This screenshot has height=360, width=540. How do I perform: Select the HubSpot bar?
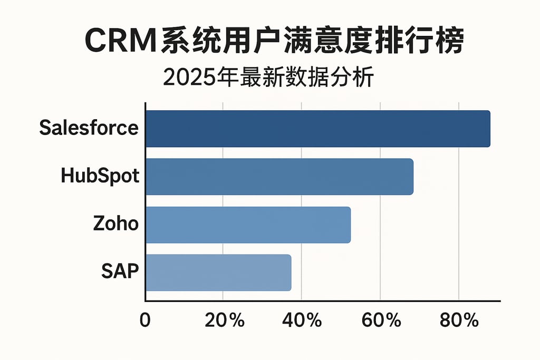coord(279,177)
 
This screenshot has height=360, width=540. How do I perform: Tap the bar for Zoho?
coord(248,225)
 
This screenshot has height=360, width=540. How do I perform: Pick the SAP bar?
coord(218,273)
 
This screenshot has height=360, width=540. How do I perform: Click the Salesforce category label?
coord(89,128)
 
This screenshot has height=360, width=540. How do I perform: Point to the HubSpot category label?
coord(100,176)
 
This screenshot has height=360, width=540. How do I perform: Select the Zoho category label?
coord(115,223)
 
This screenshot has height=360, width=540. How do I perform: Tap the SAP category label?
coord(120,271)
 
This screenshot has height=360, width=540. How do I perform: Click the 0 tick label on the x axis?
coord(145,320)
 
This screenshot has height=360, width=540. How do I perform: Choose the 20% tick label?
coord(224,320)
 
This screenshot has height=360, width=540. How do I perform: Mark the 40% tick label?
coord(302,320)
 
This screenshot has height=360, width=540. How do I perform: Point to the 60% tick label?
coord(381,320)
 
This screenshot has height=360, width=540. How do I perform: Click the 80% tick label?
coord(459,320)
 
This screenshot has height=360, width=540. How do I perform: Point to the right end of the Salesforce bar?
coord(488,129)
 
